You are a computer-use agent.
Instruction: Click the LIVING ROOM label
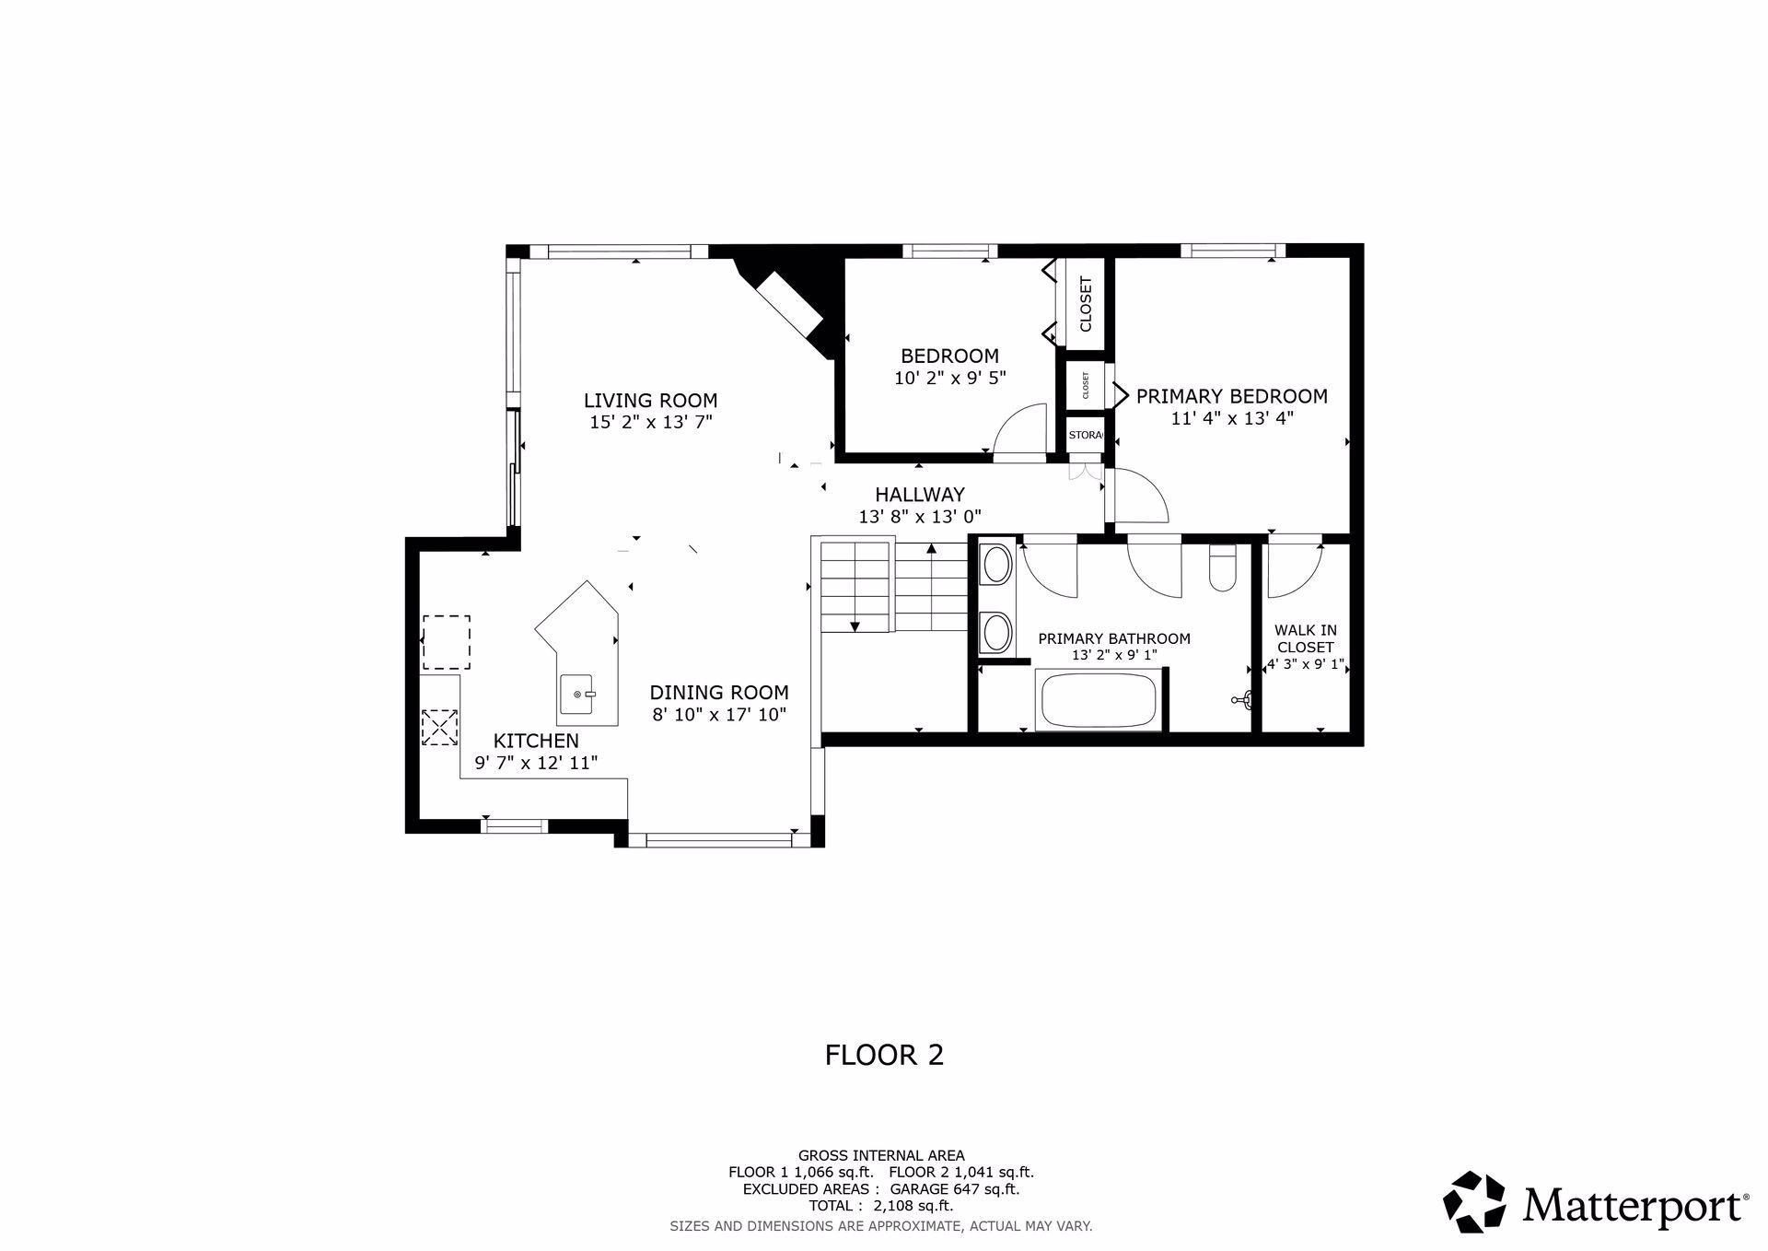(x=650, y=401)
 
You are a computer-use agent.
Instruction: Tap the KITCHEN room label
(x=536, y=741)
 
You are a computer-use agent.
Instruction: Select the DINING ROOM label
(x=719, y=693)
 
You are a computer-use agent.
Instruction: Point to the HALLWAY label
(x=920, y=495)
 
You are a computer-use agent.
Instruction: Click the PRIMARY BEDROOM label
(x=1232, y=396)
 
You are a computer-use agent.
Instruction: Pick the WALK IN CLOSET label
(x=1306, y=638)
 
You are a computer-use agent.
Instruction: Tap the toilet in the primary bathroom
(x=1223, y=567)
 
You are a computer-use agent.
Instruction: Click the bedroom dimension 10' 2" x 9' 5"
(x=950, y=378)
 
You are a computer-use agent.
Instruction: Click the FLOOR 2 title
(x=884, y=1055)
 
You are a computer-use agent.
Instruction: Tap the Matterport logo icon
(x=1473, y=1201)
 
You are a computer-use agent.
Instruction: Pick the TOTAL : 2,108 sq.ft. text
(x=881, y=1206)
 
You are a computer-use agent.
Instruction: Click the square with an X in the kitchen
(x=439, y=727)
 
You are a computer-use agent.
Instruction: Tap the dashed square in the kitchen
(x=447, y=642)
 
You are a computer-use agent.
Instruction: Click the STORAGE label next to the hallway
(x=1086, y=434)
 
